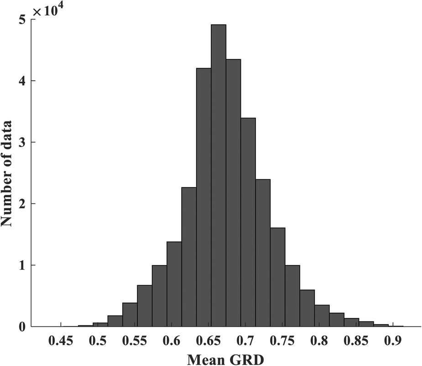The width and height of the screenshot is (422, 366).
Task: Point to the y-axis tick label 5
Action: (x=21, y=20)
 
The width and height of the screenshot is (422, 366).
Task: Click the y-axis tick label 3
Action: (x=21, y=142)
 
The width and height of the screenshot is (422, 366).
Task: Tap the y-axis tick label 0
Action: (x=21, y=327)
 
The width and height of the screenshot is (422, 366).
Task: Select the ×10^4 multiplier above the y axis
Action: (x=46, y=10)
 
